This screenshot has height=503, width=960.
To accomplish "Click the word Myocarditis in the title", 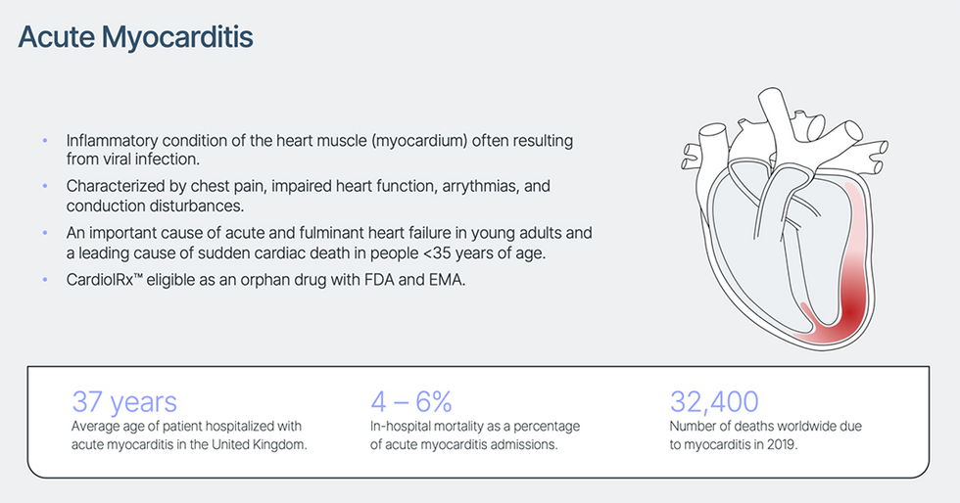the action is coord(177,38).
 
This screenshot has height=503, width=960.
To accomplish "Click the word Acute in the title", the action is coord(57,37).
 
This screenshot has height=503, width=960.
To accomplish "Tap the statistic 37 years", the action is coord(124,402).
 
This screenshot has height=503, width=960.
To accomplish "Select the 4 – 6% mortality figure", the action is coord(410,402).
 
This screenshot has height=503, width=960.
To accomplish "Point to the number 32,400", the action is coord(714,402).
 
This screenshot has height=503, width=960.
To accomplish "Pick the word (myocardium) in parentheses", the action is coord(419,141).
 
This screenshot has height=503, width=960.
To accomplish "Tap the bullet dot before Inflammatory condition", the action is coord(45,141).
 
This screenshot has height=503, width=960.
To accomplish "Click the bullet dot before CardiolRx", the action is coord(45,280).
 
